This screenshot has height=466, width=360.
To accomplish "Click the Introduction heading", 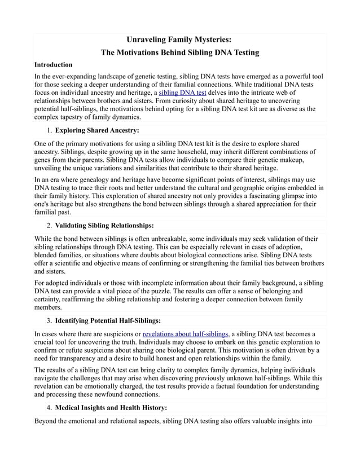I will point(54,65).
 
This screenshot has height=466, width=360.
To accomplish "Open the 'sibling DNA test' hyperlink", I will point(182,92).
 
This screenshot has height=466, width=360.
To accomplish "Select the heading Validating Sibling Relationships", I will point(104,226).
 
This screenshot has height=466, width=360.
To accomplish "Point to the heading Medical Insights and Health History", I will point(111,407).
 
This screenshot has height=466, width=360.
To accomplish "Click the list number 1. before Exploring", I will point(49,130).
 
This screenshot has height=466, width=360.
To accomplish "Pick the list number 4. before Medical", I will point(49,407).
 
